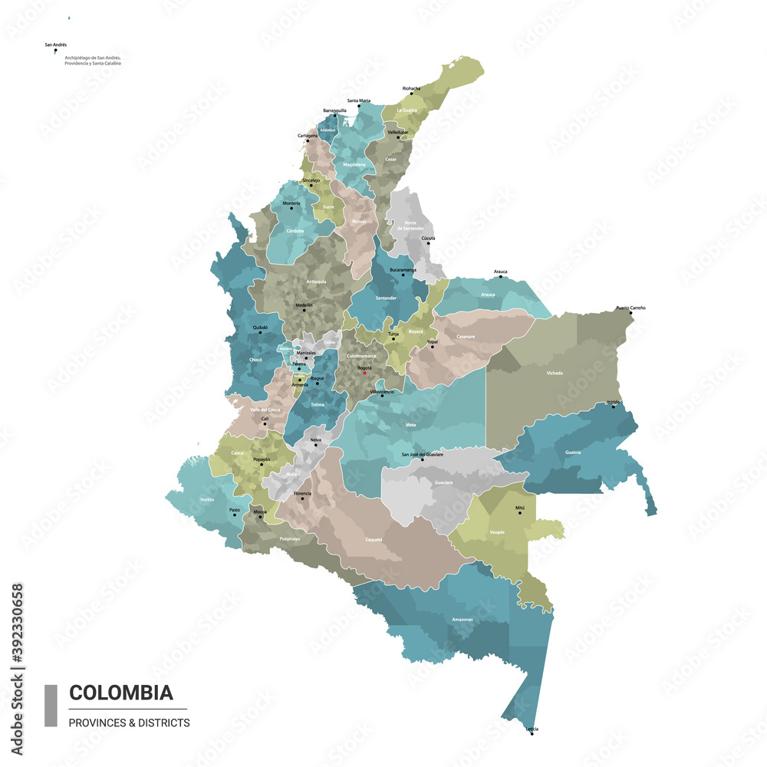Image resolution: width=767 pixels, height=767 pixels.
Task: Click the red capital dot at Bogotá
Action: pos(365,373)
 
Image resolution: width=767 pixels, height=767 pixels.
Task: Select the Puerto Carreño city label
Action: pos(630,308)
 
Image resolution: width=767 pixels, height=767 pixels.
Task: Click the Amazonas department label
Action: pos(463,619)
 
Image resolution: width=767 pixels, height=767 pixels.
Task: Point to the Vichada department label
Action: pos(555,373)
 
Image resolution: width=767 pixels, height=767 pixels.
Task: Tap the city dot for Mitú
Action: pos(520,512)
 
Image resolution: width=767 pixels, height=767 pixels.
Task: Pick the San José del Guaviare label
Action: pos(422,455)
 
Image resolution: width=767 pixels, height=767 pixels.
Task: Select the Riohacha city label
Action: pos(411,88)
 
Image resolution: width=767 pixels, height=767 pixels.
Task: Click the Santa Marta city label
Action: pos(359,100)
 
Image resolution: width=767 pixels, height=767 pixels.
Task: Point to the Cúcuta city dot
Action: pos(428,244)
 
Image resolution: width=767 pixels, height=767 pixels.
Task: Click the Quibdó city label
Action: pos(260,327)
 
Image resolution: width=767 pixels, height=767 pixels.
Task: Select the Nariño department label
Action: pos(207,499)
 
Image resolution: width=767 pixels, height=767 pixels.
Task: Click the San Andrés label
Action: pos(55,45)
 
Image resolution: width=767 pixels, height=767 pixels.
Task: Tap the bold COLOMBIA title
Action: pos(120,693)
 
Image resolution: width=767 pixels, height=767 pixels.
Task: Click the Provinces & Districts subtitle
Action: pos(129,723)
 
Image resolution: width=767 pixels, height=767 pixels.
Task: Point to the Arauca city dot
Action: pos(501,276)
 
